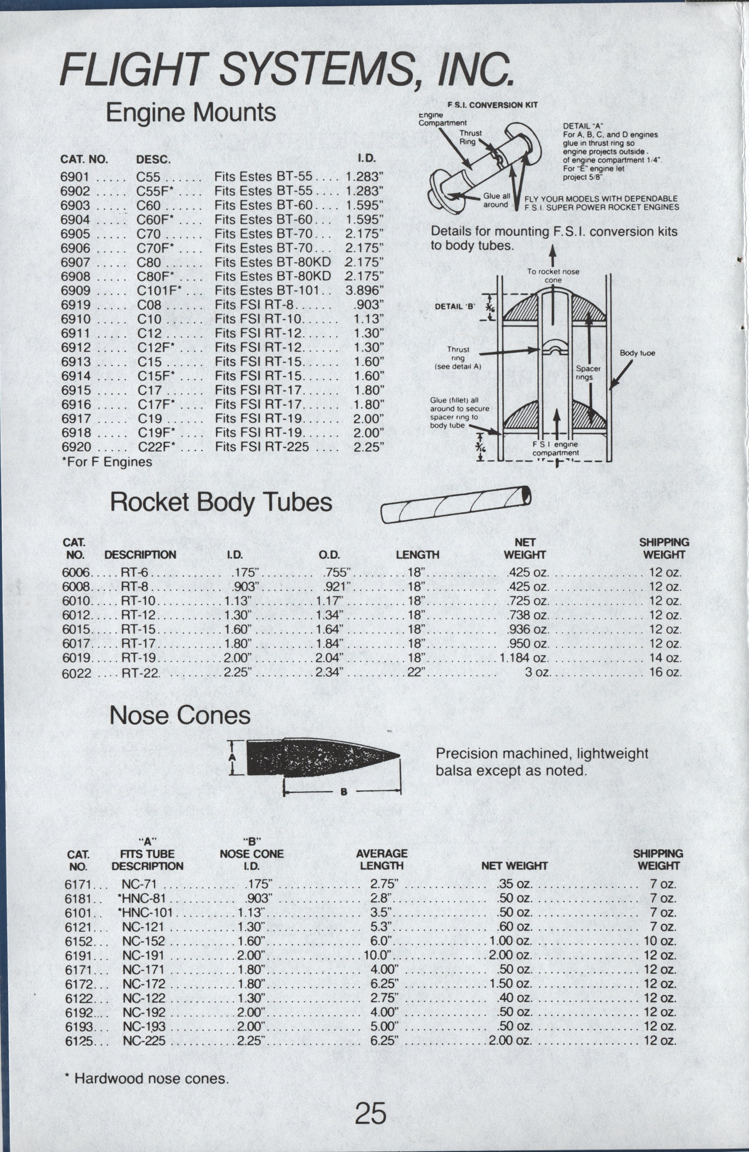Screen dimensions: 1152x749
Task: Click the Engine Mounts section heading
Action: point(191,113)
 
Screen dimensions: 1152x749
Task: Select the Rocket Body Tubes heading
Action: point(221,502)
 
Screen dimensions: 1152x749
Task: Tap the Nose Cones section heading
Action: point(180,716)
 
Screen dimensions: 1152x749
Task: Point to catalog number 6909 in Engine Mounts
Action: point(75,291)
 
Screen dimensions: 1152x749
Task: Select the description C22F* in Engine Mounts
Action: point(156,447)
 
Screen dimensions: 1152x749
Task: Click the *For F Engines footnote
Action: point(107,462)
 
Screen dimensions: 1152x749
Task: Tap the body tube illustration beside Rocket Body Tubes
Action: point(456,504)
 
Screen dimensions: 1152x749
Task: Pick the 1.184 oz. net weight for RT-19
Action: point(524,658)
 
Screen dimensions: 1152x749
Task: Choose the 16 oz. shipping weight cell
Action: point(665,672)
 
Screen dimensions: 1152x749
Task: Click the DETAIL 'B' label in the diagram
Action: point(455,306)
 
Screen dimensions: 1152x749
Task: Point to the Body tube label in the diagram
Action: point(637,353)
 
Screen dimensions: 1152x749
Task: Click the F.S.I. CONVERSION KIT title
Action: point(492,105)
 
